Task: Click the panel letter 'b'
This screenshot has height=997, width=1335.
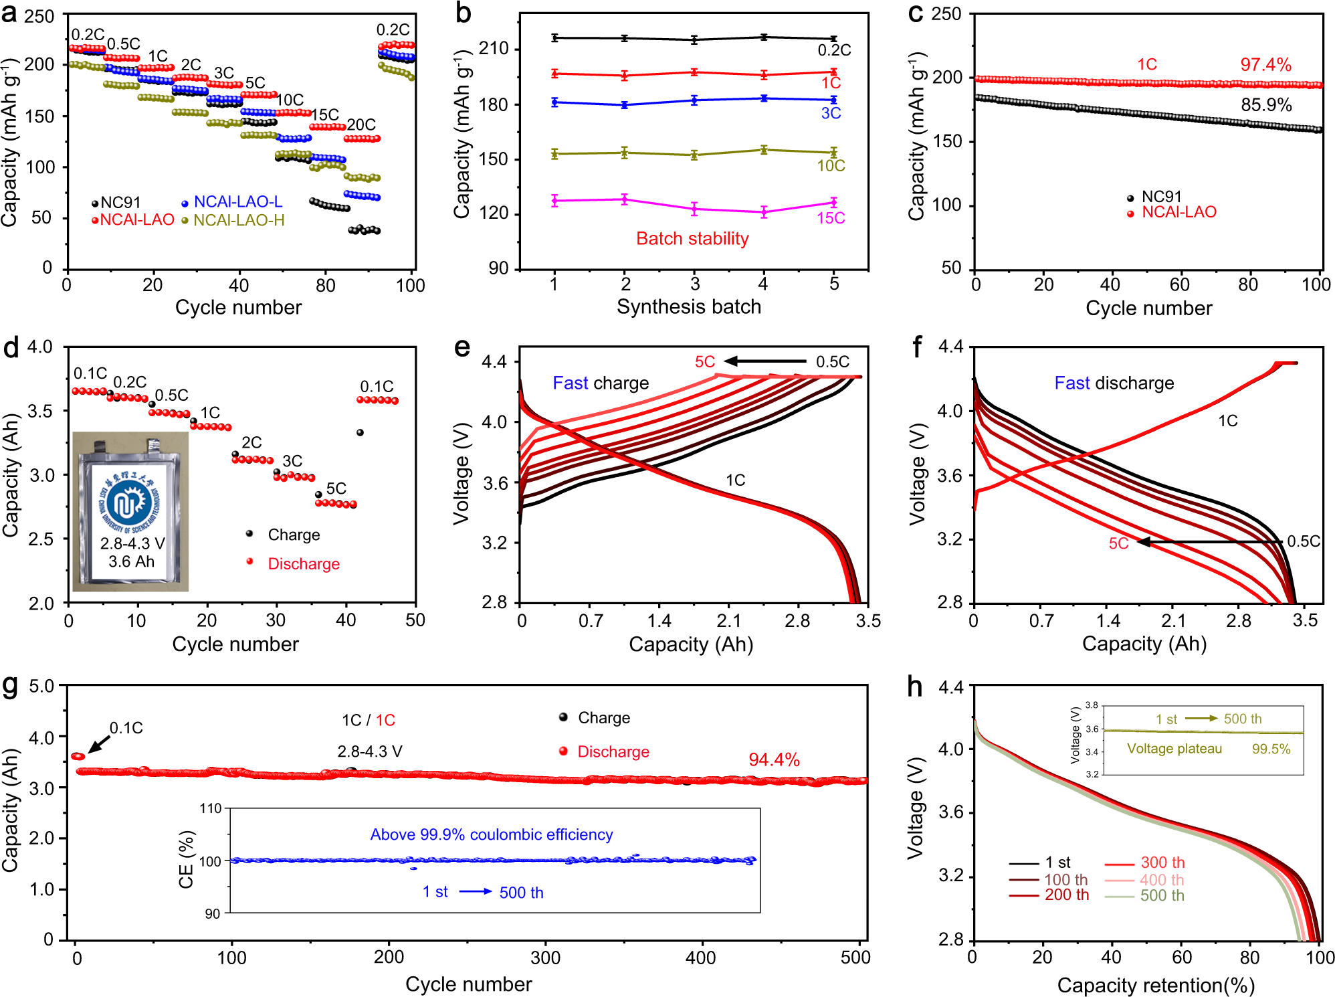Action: pyautogui.click(x=463, y=13)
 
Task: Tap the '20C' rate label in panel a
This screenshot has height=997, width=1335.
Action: pyautogui.click(x=361, y=124)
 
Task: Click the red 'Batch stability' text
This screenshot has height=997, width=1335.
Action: pyautogui.click(x=692, y=238)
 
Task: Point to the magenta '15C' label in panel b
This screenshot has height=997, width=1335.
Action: pyautogui.click(x=831, y=218)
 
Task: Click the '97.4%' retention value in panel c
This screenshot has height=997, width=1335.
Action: pyautogui.click(x=1265, y=65)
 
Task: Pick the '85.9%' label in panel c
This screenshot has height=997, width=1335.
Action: pyautogui.click(x=1266, y=105)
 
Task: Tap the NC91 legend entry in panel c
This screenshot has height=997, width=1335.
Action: pyautogui.click(x=1161, y=197)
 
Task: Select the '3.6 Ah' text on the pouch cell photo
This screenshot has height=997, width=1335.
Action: pyautogui.click(x=131, y=561)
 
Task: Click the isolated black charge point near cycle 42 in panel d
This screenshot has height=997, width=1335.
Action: pyautogui.click(x=360, y=433)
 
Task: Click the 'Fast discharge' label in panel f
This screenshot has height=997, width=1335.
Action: pyautogui.click(x=1114, y=383)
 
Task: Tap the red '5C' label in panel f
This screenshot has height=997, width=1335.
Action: pyautogui.click(x=1118, y=543)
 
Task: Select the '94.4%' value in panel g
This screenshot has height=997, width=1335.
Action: pyautogui.click(x=774, y=759)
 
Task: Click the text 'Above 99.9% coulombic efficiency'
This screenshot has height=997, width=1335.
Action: pyautogui.click(x=492, y=834)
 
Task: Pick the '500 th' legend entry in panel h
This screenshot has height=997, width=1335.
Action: pyautogui.click(x=1162, y=895)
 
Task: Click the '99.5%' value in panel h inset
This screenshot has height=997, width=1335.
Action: pyautogui.click(x=1271, y=749)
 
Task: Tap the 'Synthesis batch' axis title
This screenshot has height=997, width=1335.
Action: pyautogui.click(x=689, y=306)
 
